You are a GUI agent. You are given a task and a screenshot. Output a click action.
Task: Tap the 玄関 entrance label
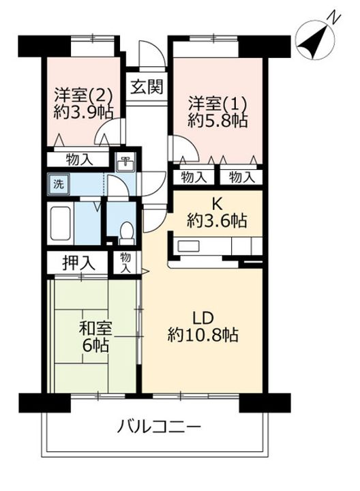pyautogui.click(x=146, y=87)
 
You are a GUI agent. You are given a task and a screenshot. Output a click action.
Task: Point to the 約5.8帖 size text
pyautogui.click(x=217, y=123)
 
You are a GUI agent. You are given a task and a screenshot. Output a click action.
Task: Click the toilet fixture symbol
pyautogui.click(x=125, y=233)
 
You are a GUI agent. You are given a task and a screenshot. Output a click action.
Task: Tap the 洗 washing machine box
pyautogui.click(x=58, y=183)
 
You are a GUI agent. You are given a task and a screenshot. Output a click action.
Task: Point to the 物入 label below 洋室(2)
pyautogui.click(x=80, y=160)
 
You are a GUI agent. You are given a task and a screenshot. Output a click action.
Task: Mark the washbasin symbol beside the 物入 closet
pyautogui.click(x=126, y=162)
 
